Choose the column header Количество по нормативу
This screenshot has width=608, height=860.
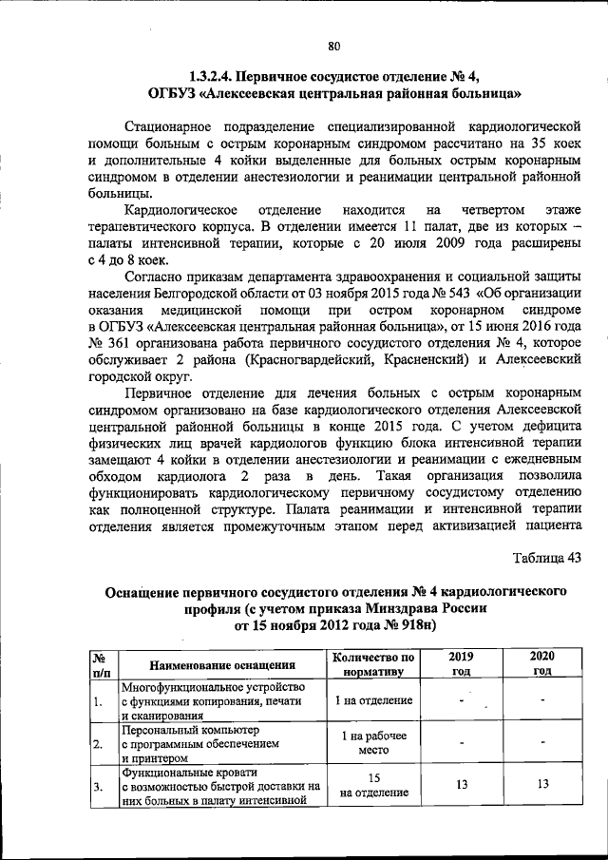click(374, 663)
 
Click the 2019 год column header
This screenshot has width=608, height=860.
click(461, 663)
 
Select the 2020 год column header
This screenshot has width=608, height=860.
click(542, 663)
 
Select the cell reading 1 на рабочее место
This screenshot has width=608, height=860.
click(374, 743)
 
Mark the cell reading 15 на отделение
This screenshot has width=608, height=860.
click(374, 784)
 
